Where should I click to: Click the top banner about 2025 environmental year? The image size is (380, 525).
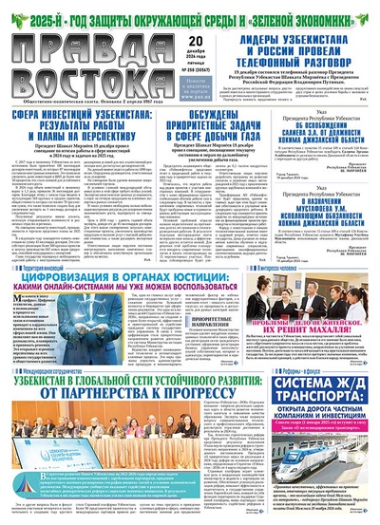click(190, 12)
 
